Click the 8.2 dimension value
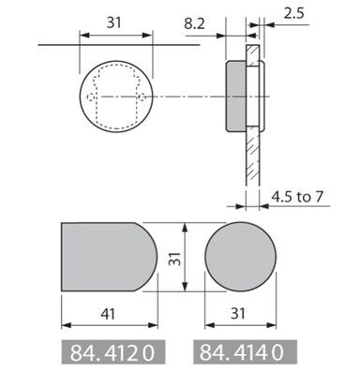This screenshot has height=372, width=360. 194,23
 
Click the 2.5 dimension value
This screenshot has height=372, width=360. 293,14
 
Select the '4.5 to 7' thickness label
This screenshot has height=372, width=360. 296,197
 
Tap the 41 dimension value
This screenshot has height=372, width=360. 108,314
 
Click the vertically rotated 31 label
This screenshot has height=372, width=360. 175,258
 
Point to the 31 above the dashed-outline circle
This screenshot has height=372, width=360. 113,22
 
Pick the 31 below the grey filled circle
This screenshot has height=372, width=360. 238,314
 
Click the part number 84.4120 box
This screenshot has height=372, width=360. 112,352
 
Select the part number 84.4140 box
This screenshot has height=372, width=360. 245,352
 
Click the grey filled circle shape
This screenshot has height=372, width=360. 241,257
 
